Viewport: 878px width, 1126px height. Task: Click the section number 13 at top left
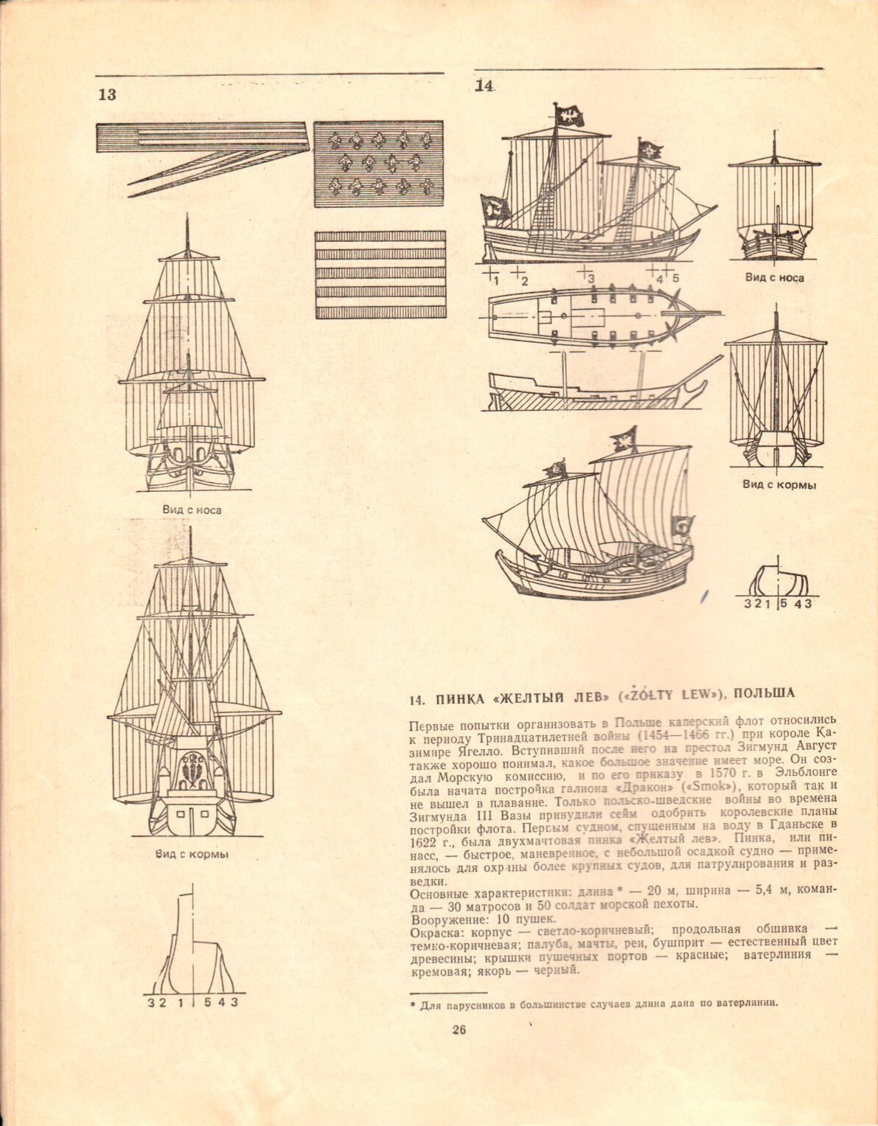pos(108,94)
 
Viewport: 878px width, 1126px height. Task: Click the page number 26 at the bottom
pos(459,1030)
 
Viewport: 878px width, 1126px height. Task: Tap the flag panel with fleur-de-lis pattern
pos(379,164)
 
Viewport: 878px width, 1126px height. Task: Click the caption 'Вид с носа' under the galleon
pos(192,510)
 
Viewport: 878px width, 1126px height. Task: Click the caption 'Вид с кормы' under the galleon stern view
pos(192,854)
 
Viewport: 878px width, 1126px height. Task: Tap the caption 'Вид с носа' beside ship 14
pos(774,278)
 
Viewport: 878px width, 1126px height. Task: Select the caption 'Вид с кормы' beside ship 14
pos(779,485)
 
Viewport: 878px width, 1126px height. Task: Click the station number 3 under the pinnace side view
pos(590,279)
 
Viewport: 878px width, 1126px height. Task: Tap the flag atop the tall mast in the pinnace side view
pos(569,116)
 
